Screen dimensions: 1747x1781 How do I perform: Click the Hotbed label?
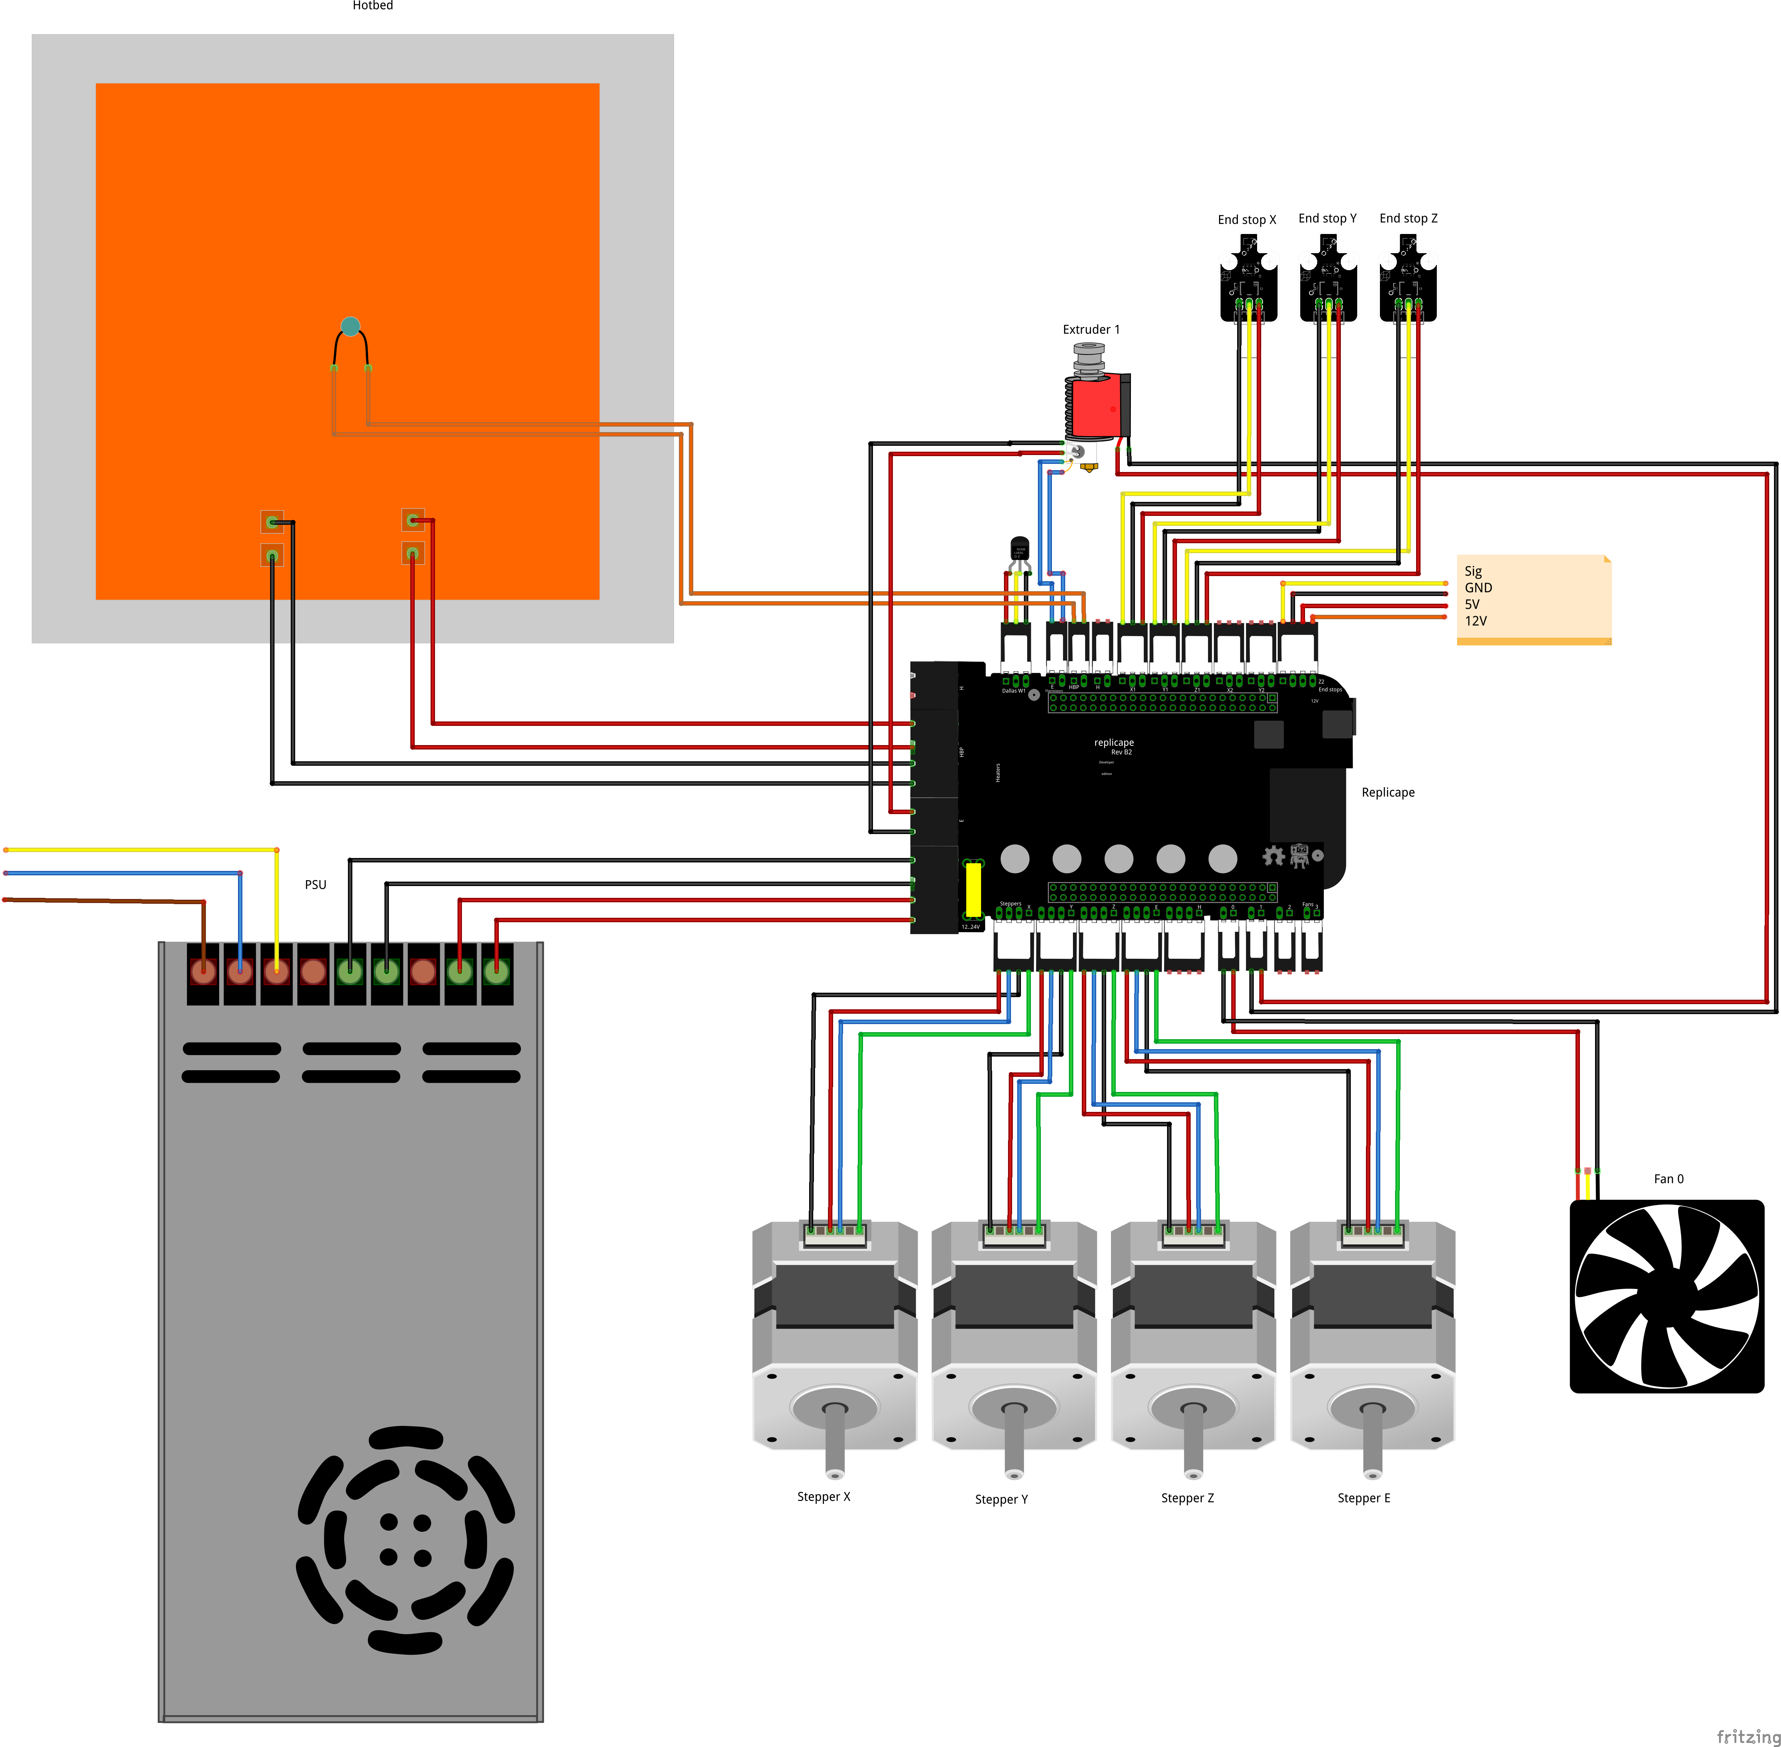click(373, 6)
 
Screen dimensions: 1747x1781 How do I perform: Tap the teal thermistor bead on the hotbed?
click(349, 326)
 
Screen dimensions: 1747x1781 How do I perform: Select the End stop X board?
click(1248, 280)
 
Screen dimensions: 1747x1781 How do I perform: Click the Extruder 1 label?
click(1091, 330)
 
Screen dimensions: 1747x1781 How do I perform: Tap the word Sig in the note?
click(1473, 571)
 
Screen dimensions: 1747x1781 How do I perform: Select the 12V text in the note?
click(1475, 621)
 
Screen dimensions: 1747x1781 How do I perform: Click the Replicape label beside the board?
click(1387, 793)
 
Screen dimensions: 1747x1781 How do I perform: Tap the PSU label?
click(315, 885)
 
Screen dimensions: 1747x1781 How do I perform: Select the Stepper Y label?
click(1001, 1499)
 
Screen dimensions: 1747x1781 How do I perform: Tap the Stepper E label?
click(1363, 1498)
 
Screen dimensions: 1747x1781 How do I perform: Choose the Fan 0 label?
click(1668, 1179)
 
